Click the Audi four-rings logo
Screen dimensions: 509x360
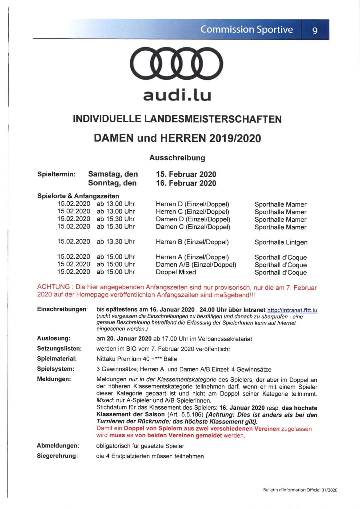point(177,63)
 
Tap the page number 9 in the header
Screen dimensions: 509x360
point(315,31)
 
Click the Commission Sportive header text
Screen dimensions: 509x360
point(246,29)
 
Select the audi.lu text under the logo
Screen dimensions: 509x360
point(177,95)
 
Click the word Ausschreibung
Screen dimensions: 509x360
point(177,158)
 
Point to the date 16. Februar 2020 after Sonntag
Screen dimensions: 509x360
point(186,183)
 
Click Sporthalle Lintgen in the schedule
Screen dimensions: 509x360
point(281,242)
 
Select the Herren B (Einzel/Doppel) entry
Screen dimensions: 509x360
point(192,242)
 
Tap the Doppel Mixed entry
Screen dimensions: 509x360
point(176,272)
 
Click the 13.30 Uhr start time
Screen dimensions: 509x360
point(116,242)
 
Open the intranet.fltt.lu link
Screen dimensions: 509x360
point(292,310)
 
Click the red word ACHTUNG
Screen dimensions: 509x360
point(53,287)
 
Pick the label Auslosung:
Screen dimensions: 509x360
point(54,338)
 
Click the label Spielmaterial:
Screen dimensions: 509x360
point(57,359)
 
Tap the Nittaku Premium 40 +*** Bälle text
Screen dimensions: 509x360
point(136,359)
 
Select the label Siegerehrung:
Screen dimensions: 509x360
point(57,456)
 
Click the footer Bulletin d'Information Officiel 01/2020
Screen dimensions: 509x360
point(300,490)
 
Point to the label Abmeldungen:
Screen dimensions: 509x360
point(58,446)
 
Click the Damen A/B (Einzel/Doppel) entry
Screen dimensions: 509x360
point(196,265)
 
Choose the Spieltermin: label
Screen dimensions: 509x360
point(56,174)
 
